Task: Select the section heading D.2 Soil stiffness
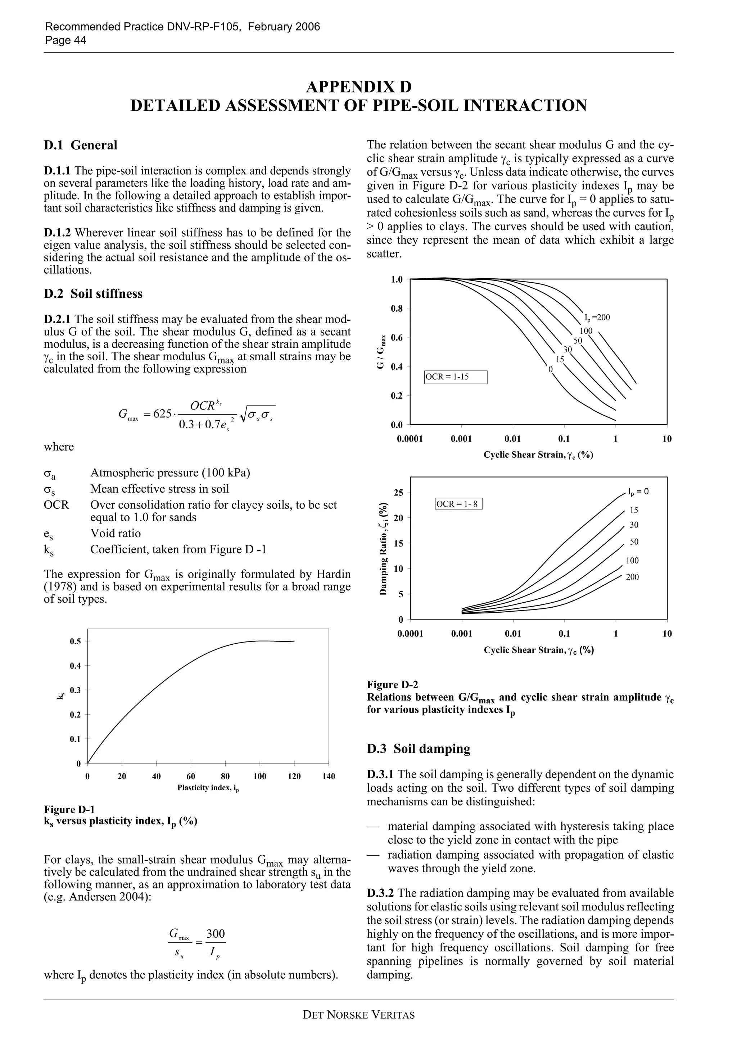[93, 294]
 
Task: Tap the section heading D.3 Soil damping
[418, 749]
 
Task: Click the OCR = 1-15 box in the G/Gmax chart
[456, 377]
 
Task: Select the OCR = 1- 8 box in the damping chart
[458, 504]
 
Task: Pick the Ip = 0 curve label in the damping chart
[638, 492]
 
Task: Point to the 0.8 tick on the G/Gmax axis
[397, 309]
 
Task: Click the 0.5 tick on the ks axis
[75, 641]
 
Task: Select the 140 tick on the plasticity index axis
[328, 777]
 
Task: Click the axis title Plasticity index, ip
[208, 788]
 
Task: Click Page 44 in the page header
[65, 40]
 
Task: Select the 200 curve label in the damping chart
[632, 577]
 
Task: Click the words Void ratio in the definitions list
[116, 533]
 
